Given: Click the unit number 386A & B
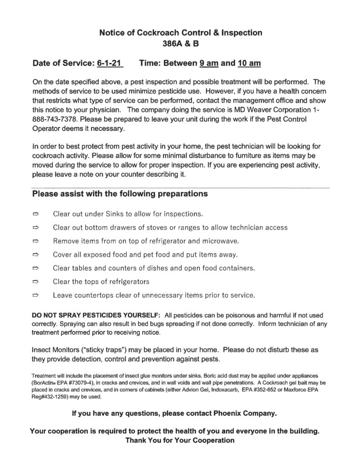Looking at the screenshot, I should [180, 45].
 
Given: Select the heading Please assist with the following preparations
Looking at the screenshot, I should [120, 194].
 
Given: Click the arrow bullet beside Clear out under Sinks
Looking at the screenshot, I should [36, 213].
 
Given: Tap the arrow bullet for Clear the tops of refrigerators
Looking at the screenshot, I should [36, 282].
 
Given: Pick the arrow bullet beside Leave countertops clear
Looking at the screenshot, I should [36, 295].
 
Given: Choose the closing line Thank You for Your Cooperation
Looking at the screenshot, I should [180, 441].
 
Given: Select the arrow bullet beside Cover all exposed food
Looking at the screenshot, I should [36, 254].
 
